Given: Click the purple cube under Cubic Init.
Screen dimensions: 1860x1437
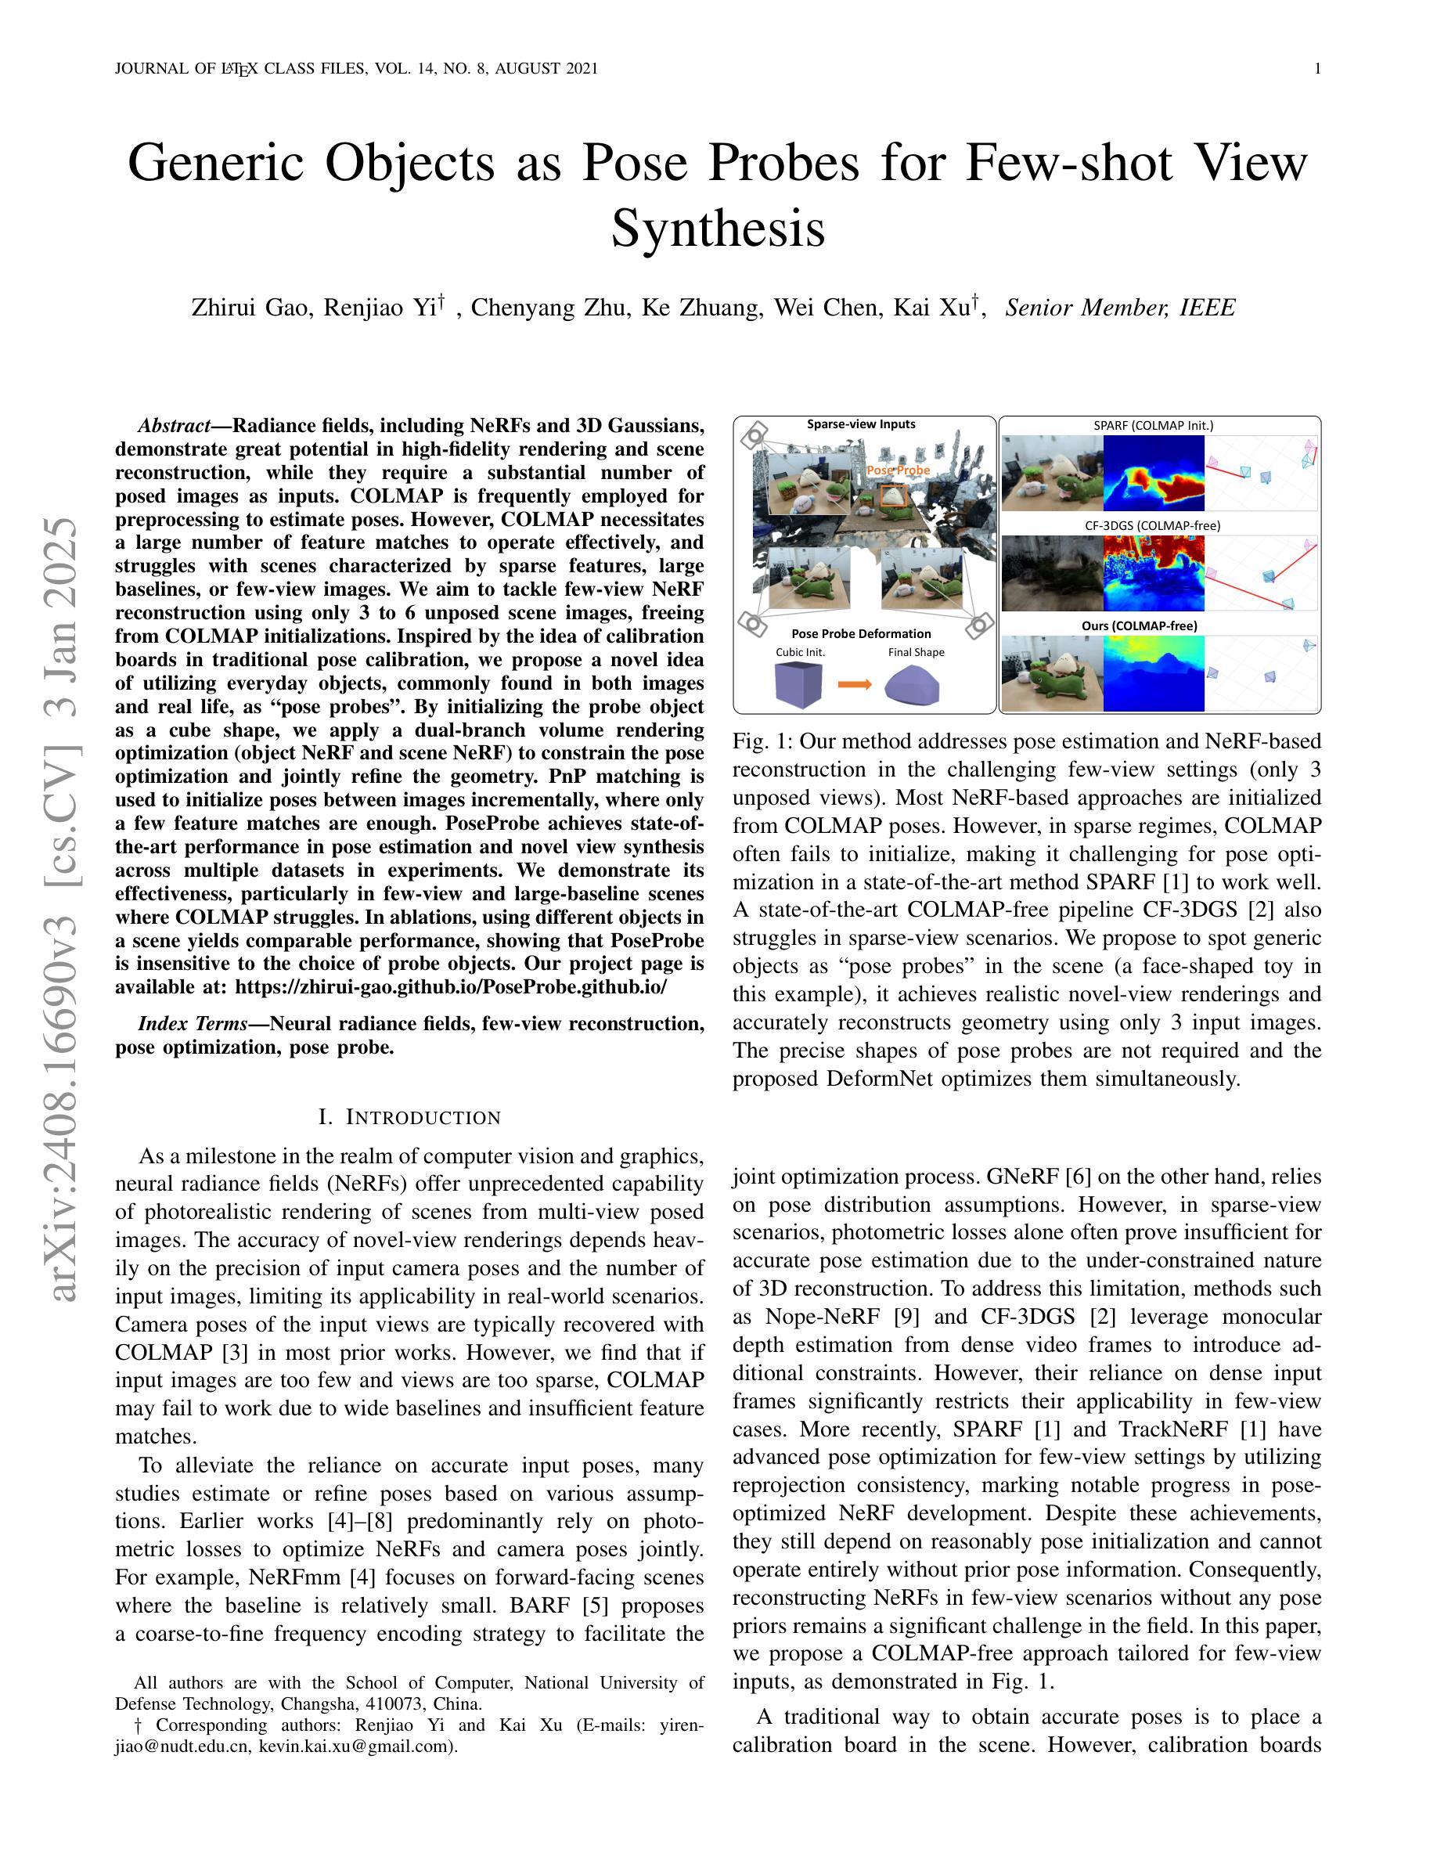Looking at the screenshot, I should [x=799, y=684].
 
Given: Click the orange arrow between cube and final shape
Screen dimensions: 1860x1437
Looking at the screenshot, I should [x=855, y=684].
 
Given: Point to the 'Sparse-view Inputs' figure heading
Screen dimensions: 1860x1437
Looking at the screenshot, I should [x=861, y=424].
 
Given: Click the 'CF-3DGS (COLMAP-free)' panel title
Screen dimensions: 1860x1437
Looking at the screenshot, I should [x=1152, y=525].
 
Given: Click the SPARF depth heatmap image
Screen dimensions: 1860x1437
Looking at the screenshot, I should [x=1154, y=473].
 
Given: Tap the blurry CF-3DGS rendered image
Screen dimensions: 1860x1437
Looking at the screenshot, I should [x=1052, y=573].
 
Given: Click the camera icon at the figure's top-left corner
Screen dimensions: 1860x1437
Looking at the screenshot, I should [x=753, y=437].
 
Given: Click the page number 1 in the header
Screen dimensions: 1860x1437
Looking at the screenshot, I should [x=1317, y=69].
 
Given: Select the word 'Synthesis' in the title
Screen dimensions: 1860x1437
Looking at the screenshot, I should [x=718, y=229].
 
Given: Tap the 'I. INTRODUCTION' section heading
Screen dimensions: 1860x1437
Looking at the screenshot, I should [x=409, y=1117].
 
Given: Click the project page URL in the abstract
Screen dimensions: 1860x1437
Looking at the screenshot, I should [x=451, y=987].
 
